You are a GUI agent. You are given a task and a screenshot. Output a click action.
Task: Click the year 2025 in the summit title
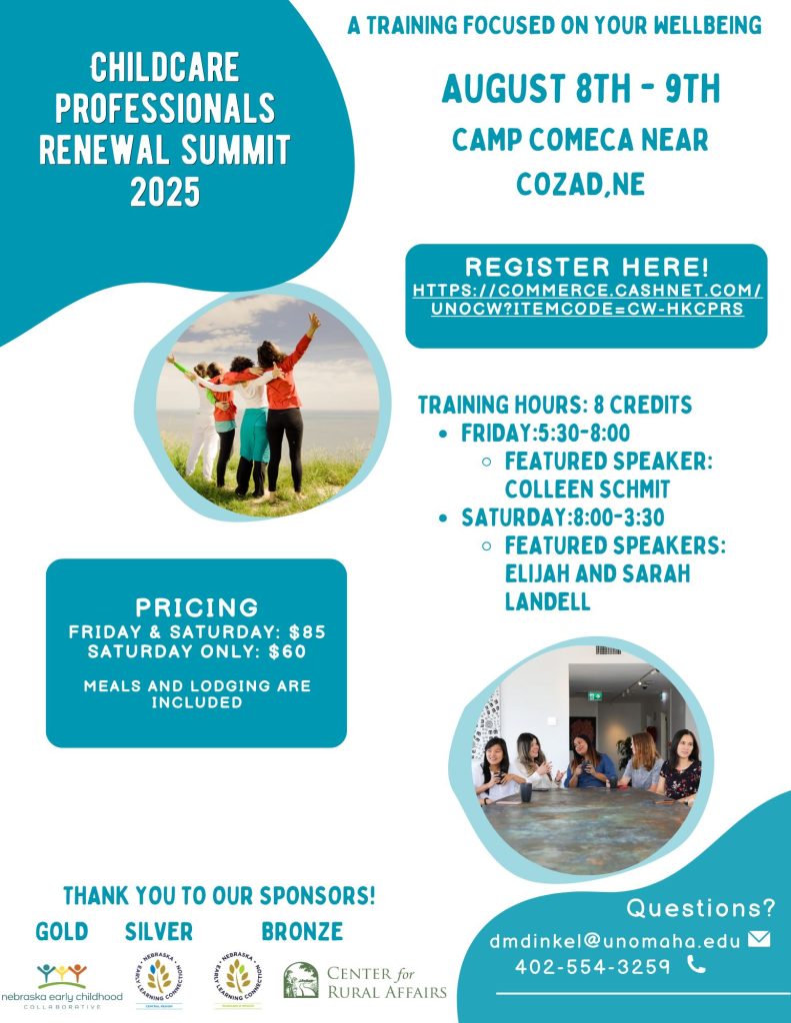(x=165, y=190)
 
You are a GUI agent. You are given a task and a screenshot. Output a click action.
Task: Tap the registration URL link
(x=587, y=300)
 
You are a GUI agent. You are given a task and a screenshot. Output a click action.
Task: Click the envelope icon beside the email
(x=759, y=939)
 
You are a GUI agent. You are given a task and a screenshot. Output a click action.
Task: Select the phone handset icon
(x=696, y=965)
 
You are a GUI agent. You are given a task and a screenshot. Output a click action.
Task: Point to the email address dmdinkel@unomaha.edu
(x=615, y=941)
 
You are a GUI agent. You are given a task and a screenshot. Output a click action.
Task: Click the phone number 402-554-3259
(x=592, y=966)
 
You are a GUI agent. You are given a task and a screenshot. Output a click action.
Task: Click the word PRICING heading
(x=197, y=606)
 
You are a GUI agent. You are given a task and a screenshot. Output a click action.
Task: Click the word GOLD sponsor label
(x=62, y=932)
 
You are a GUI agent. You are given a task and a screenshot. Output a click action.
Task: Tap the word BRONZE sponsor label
(x=302, y=932)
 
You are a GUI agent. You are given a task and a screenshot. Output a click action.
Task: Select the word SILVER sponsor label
(x=159, y=932)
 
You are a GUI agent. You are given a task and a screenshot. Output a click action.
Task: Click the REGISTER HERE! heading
(x=587, y=268)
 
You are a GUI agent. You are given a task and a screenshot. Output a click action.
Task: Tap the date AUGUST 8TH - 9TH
(x=580, y=90)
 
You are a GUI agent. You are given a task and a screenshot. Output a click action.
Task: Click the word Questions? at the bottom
(x=701, y=908)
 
